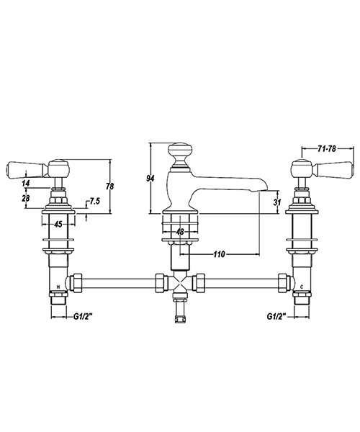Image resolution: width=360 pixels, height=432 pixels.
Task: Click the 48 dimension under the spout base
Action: (180, 232)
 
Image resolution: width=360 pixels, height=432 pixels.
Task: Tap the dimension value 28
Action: (27, 199)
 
